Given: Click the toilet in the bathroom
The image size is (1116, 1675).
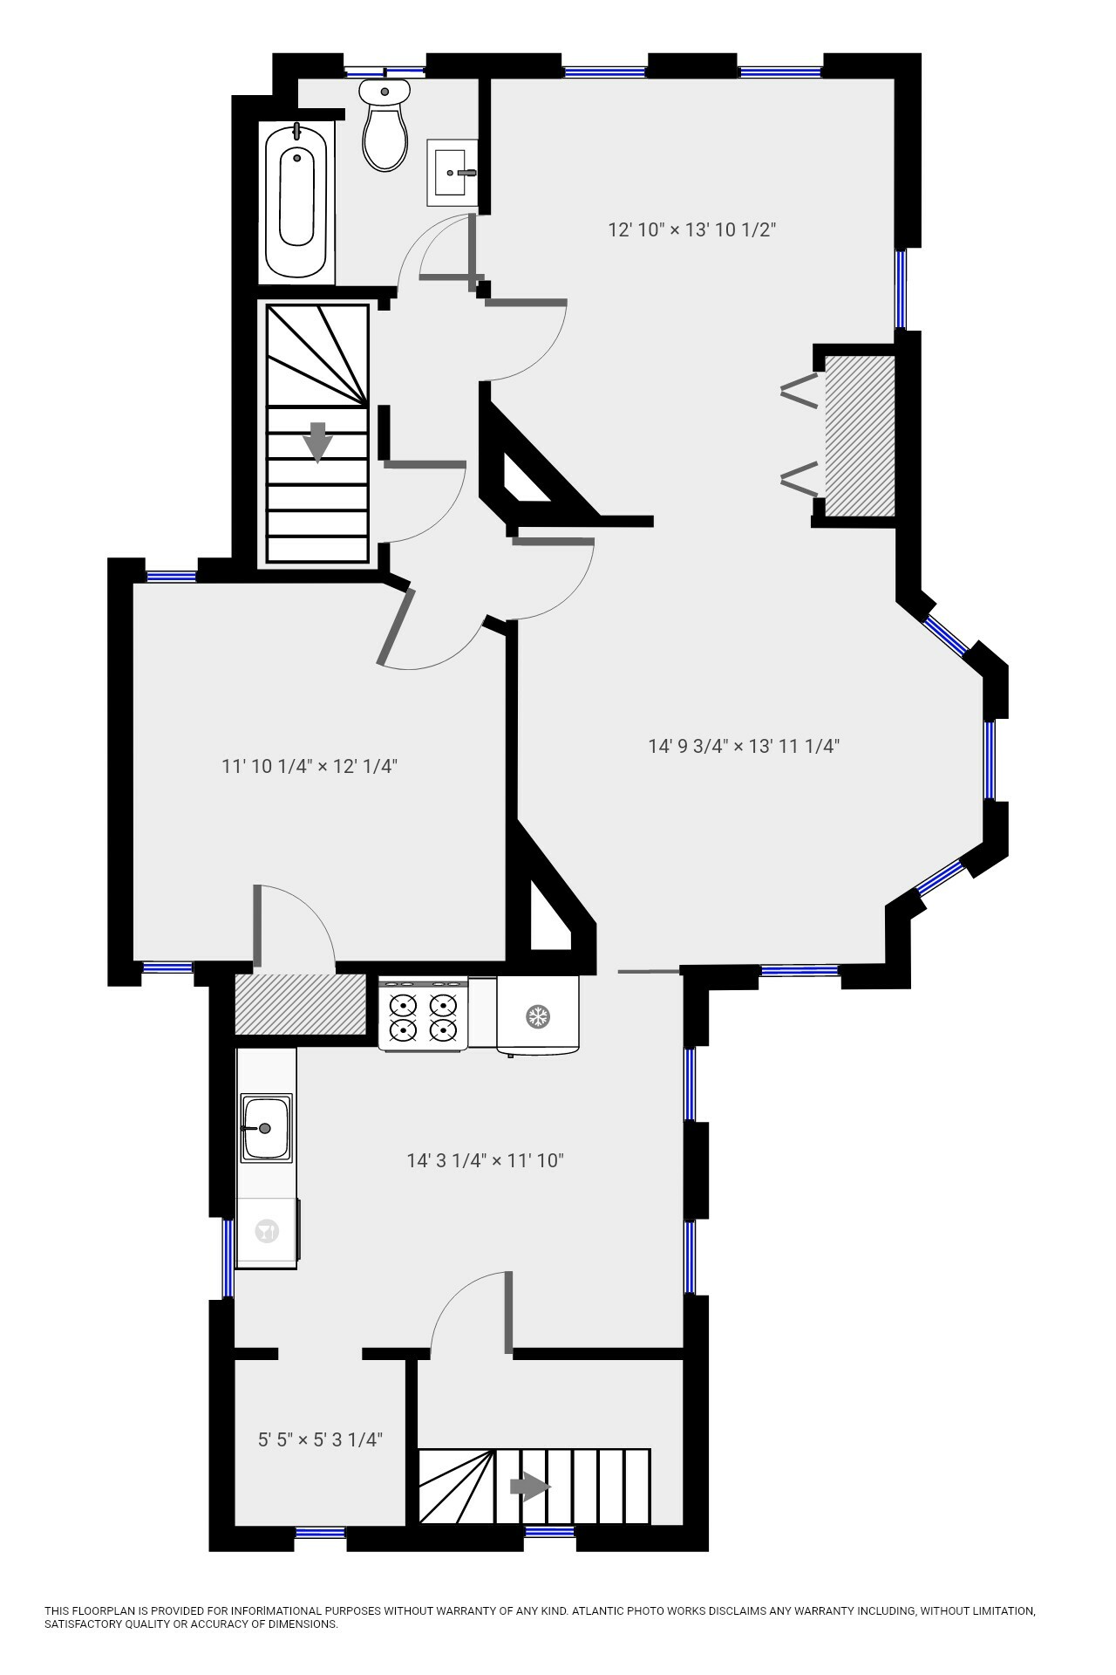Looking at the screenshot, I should [x=384, y=127].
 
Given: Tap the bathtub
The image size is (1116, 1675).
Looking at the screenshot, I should [x=296, y=201].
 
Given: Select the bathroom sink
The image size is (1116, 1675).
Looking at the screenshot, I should [x=452, y=172].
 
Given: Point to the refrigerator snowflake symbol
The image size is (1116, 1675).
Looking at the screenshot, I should [x=537, y=1015].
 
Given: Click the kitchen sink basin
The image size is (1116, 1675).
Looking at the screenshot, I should [x=265, y=1128].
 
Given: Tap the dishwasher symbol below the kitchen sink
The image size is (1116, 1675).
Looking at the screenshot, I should [x=266, y=1232].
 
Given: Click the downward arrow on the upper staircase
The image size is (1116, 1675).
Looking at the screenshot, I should [x=318, y=441].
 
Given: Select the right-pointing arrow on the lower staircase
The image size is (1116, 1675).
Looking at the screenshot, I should [x=529, y=1487].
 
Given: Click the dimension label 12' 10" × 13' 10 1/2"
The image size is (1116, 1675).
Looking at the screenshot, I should [x=691, y=230].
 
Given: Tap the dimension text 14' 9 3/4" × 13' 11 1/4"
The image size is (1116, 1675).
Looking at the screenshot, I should [x=744, y=746].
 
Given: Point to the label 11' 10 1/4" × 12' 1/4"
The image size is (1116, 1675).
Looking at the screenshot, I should [x=310, y=767].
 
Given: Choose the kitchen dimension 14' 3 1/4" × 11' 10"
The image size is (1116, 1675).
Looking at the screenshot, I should [x=486, y=1160].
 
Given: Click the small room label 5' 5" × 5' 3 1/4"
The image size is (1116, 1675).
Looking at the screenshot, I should [x=320, y=1439].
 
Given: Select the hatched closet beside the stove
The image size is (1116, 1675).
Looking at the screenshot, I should [x=300, y=1004].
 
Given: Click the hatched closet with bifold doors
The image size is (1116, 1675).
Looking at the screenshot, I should [x=860, y=436].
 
